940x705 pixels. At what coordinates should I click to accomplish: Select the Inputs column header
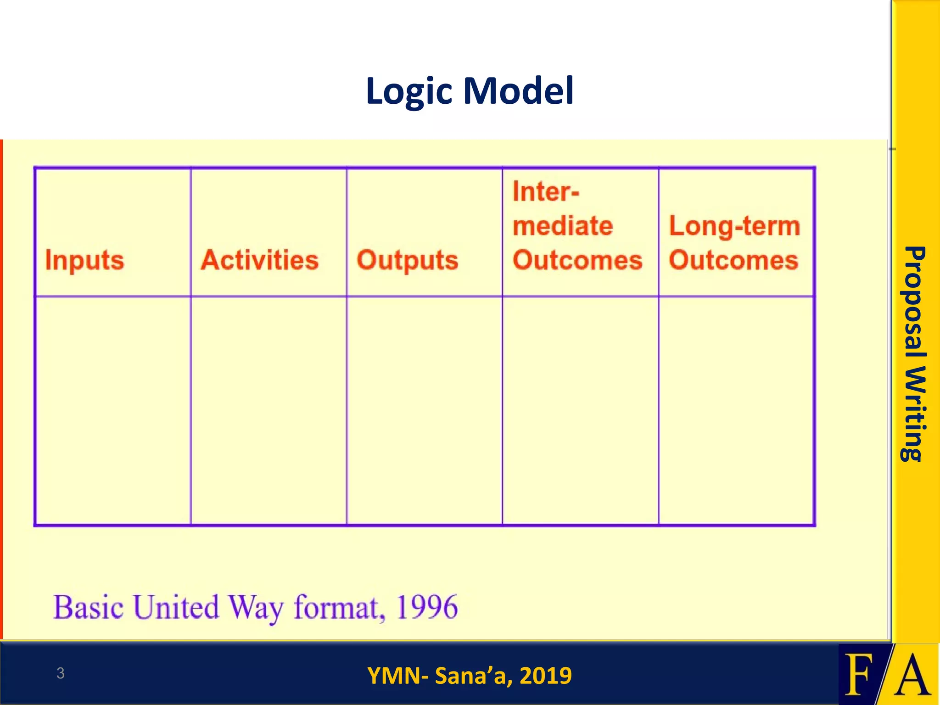(85, 260)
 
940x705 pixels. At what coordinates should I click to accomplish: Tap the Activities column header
(260, 260)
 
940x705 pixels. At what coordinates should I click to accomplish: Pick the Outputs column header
(408, 260)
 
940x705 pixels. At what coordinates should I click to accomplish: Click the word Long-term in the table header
(734, 226)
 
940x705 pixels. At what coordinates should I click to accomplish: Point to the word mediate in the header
(563, 226)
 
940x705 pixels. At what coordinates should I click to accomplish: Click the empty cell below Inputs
(113, 410)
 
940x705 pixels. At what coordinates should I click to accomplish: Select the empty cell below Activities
(269, 410)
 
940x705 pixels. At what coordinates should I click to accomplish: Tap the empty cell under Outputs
(425, 410)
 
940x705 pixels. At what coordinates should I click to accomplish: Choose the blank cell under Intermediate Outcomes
(580, 410)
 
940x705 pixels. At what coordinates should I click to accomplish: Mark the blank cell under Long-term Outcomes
(736, 410)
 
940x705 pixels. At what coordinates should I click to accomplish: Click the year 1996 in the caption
(427, 607)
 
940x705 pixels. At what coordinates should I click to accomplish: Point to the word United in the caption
(176, 607)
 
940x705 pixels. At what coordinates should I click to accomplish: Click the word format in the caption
(338, 608)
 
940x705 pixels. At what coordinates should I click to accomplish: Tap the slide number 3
(60, 673)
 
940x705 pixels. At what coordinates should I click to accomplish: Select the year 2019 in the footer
(546, 676)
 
